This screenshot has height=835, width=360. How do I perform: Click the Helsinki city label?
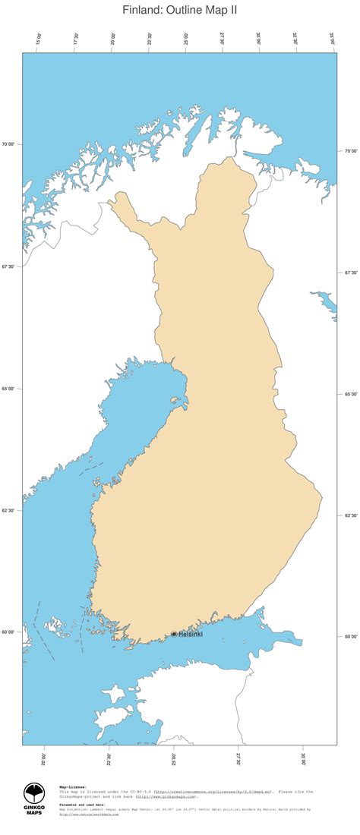pos(190,634)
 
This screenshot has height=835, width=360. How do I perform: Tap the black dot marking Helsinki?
pos(174,634)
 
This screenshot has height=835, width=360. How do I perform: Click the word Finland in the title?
pos(142,10)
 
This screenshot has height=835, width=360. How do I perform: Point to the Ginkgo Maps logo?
pos(34,799)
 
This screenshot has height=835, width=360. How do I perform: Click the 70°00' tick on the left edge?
pos(9,143)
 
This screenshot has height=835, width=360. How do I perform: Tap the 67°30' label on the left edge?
pos(9,266)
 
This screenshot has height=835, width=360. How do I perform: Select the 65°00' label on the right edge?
pos(351,394)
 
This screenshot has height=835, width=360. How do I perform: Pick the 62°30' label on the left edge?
pos(9,510)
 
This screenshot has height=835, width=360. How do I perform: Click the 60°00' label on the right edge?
pos(351,637)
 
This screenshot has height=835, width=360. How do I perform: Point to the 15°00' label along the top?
pos(39,39)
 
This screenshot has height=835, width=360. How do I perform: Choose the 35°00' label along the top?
pos(332,39)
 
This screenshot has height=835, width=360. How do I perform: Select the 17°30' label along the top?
pos(76,39)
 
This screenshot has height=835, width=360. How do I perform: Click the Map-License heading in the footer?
pos(73,787)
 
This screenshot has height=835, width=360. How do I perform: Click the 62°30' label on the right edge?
pos(351,515)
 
